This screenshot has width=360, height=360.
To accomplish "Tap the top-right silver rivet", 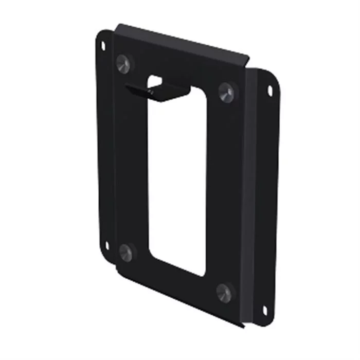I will coord(226,92).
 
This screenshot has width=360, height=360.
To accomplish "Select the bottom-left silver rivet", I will coord(126,252).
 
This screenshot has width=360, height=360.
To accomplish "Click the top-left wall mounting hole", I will coord(103,45).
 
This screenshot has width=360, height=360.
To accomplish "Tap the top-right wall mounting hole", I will coord(270,91).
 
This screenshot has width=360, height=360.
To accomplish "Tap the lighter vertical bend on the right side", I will coord(251,195).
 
